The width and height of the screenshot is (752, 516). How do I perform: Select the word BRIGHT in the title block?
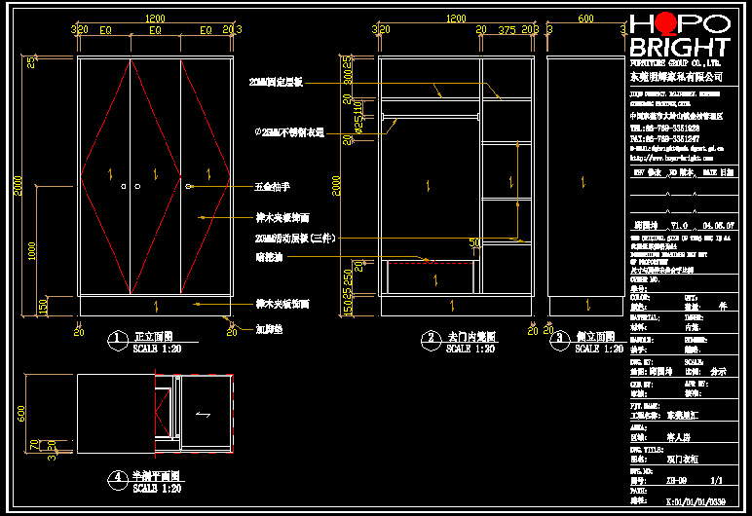point(679,48)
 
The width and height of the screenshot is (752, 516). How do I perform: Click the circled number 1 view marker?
point(117,339)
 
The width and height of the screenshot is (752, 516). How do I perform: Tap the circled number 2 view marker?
point(431,339)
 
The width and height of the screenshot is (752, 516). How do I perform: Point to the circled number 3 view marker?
point(559,339)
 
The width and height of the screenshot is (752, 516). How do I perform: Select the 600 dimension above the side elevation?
point(585,18)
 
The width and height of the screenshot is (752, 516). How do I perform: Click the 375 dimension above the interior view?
point(506,30)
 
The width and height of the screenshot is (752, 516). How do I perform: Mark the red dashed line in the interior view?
point(430,262)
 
